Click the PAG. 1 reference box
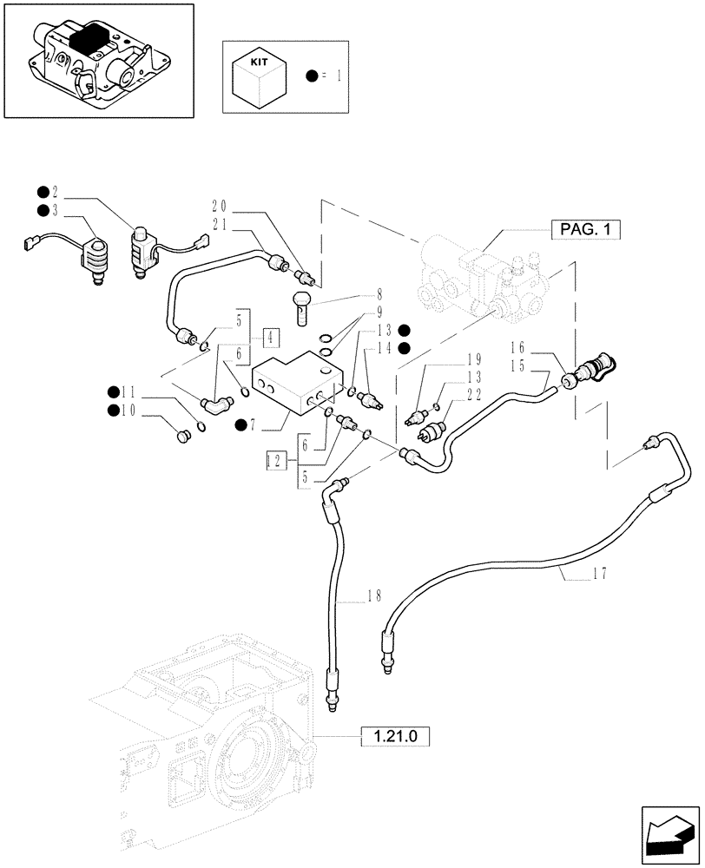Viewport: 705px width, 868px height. coord(587,230)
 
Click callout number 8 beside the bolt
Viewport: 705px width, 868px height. coord(355,294)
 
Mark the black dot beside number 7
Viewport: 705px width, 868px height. coord(240,424)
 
